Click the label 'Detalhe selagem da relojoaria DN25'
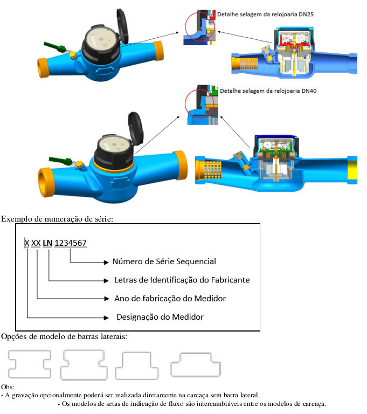[x=265, y=15]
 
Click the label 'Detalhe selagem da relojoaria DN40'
[x=268, y=91]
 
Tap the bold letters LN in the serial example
[x=47, y=243]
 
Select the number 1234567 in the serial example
[x=71, y=243]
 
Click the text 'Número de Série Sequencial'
[x=164, y=261]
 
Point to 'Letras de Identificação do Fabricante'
[x=182, y=280]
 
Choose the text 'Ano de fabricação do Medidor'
[x=170, y=298]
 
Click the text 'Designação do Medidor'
[x=160, y=317]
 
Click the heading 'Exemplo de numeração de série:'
[x=57, y=219]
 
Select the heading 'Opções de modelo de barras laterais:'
[x=65, y=336]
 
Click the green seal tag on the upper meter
[x=54, y=47]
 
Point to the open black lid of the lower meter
[x=136, y=128]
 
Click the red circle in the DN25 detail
[x=185, y=27]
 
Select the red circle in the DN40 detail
[x=185, y=103]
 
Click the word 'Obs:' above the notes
[x=8, y=387]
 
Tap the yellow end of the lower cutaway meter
[x=352, y=170]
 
